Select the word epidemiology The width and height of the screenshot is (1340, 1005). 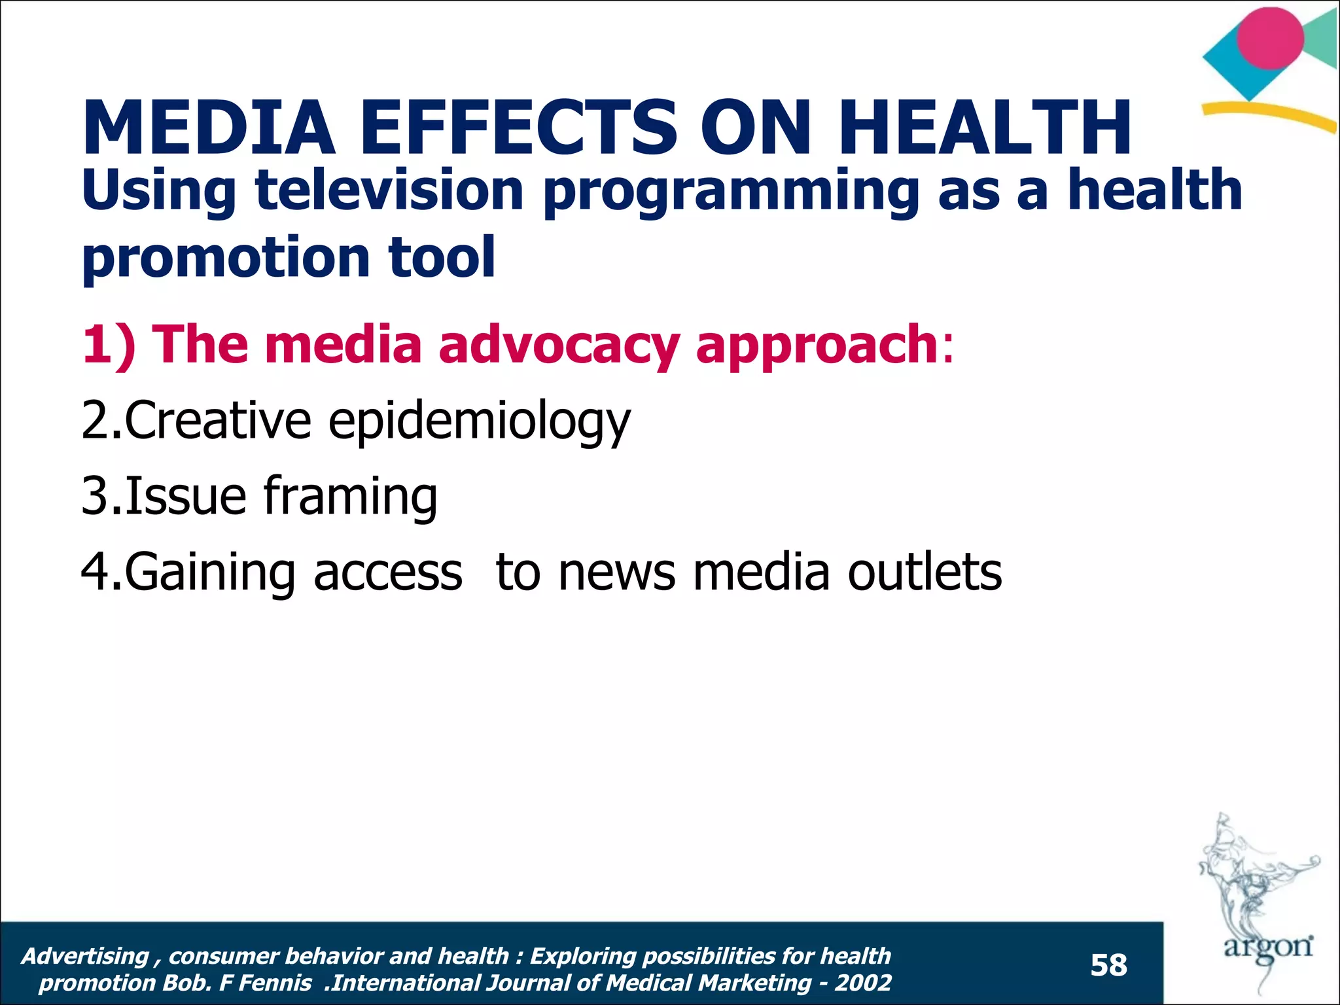pyautogui.click(x=479, y=422)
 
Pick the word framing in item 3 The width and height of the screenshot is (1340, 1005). pyautogui.click(x=350, y=497)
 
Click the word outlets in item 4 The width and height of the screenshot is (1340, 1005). pyautogui.click(x=925, y=572)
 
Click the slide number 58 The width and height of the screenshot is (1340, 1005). pyautogui.click(x=1108, y=966)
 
